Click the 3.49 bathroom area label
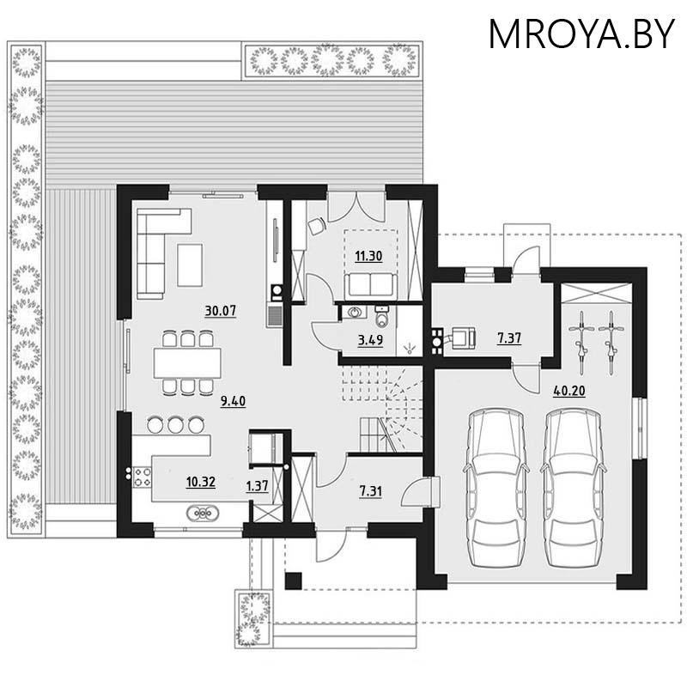[x=370, y=340]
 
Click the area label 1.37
[x=258, y=486]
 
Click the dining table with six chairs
[x=187, y=362]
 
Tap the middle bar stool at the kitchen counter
[x=176, y=424]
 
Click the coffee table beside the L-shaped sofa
[x=190, y=264]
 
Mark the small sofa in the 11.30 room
[x=370, y=283]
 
